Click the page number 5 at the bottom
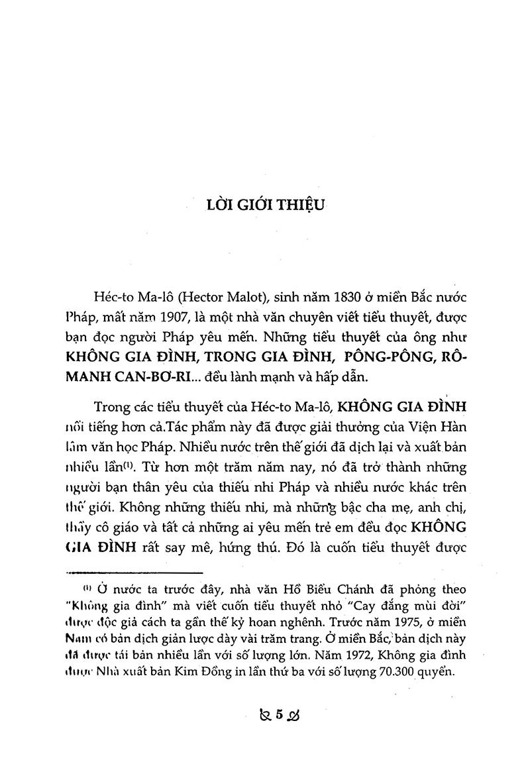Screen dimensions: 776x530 coord(279,714)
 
